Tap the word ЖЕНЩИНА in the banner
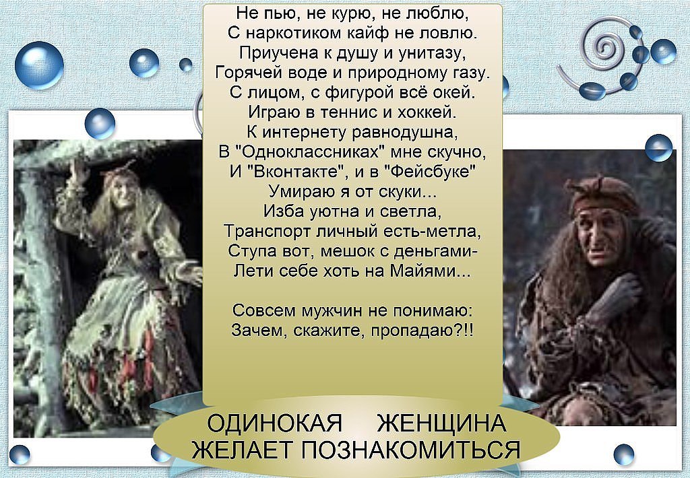(x=442, y=423)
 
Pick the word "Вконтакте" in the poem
(x=296, y=172)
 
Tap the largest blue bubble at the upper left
(x=38, y=65)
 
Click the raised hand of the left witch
(x=80, y=169)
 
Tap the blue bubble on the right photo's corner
(x=659, y=147)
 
